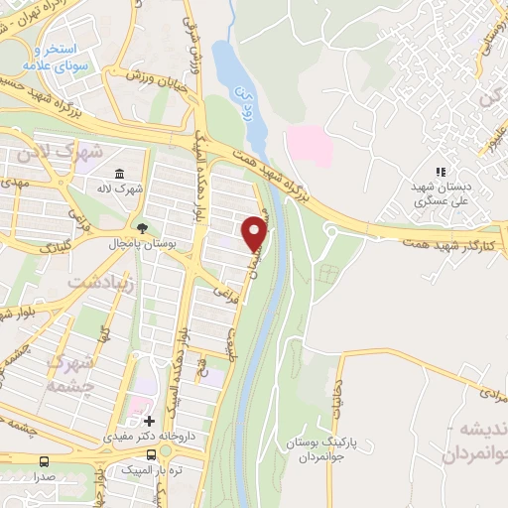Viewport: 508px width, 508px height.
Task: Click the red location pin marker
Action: pyautogui.click(x=256, y=232)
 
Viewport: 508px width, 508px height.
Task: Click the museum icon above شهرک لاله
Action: pyautogui.click(x=120, y=174)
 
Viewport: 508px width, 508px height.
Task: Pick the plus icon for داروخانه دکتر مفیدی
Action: pyautogui.click(x=149, y=421)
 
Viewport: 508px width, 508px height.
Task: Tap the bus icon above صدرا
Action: pyautogui.click(x=43, y=460)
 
